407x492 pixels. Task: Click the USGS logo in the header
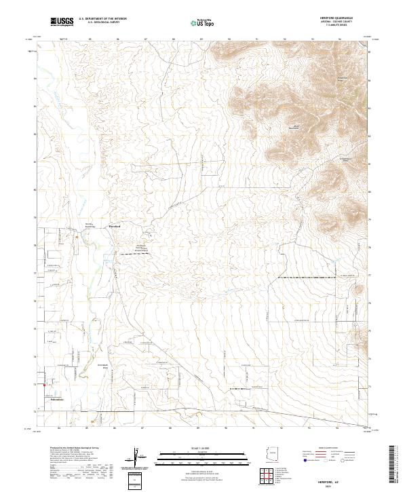click(62, 22)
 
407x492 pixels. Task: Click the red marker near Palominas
click(45, 387)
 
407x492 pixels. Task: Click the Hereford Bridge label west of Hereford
click(89, 225)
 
